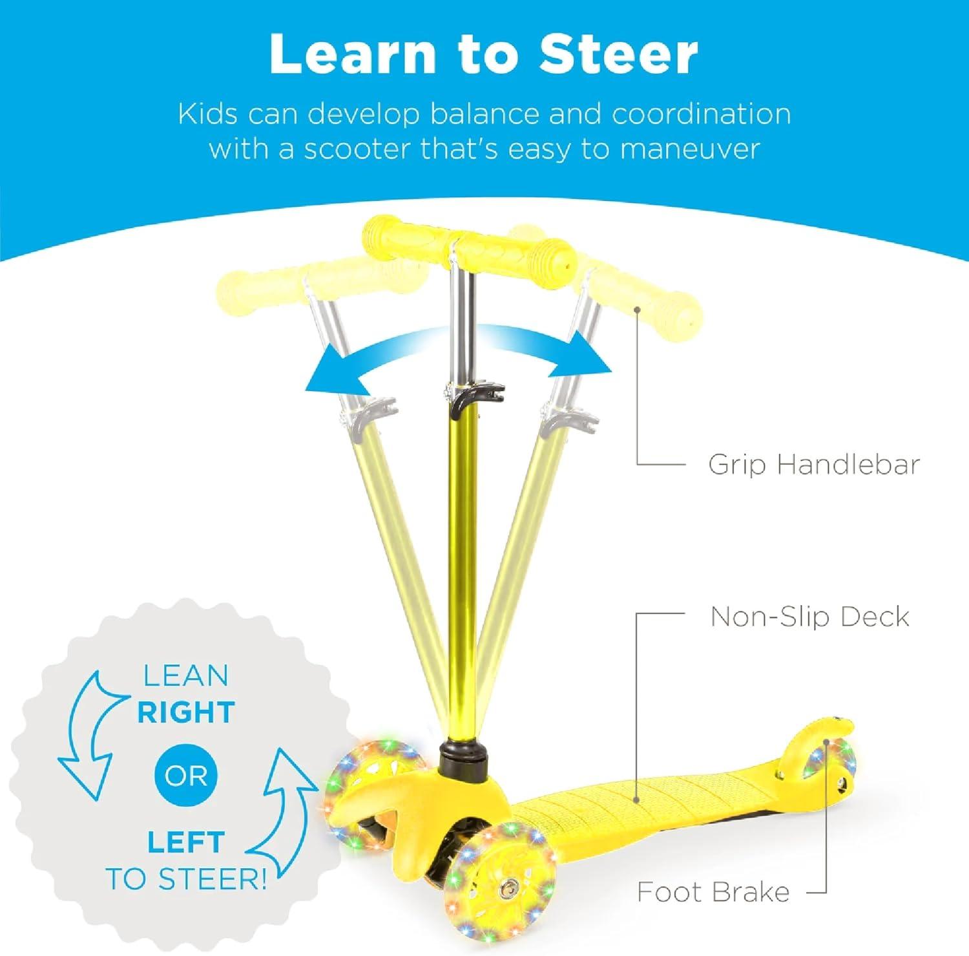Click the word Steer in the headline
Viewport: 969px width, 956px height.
click(x=618, y=54)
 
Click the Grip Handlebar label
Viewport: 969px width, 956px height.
click(x=814, y=465)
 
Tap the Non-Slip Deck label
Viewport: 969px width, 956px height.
click(x=810, y=617)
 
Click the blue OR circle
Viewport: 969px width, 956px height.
click(x=186, y=776)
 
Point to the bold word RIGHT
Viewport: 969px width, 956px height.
click(x=186, y=712)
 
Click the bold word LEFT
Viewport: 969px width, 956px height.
click(x=186, y=842)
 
